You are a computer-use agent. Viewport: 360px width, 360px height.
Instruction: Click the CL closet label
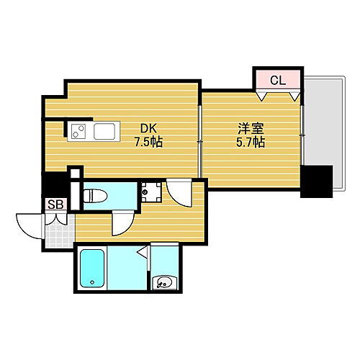(x=278, y=81)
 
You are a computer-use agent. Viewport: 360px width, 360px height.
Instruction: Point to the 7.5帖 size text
(x=147, y=142)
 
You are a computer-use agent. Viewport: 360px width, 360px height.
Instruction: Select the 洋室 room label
(x=251, y=129)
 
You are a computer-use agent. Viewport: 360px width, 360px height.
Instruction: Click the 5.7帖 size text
(x=251, y=142)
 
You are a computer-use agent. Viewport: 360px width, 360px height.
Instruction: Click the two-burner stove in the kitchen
(x=79, y=132)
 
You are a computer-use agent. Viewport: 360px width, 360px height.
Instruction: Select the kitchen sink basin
(x=104, y=132)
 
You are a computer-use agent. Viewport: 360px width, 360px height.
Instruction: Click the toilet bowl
(x=96, y=195)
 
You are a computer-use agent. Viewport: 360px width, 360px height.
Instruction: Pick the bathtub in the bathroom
(x=92, y=269)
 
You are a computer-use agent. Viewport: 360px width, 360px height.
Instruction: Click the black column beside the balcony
(x=316, y=181)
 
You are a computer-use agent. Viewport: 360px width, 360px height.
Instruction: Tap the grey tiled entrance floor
(x=58, y=228)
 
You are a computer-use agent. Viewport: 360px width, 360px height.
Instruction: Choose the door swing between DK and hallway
(x=179, y=194)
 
